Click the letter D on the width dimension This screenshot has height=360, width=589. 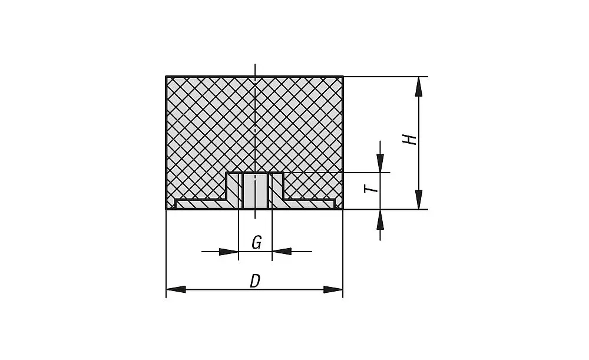[x=254, y=282]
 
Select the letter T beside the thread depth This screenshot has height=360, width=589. [x=369, y=189]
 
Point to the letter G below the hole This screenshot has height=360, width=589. [x=256, y=243]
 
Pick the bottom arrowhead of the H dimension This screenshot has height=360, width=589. [x=418, y=200]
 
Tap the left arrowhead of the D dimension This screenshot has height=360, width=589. [x=176, y=289]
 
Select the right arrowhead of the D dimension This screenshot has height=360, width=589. [x=333, y=289]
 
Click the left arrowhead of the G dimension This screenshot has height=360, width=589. [x=229, y=252]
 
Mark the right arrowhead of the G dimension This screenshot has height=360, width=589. [x=282, y=252]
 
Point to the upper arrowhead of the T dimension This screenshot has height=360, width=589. [x=380, y=163]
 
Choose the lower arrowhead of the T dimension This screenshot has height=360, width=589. [x=380, y=219]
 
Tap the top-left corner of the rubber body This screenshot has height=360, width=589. [x=167, y=77]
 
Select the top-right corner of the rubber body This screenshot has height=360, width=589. [x=343, y=77]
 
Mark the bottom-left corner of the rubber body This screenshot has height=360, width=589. [x=167, y=209]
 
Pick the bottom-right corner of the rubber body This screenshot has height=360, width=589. [x=343, y=209]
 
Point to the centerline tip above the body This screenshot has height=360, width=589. [x=255, y=64]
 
